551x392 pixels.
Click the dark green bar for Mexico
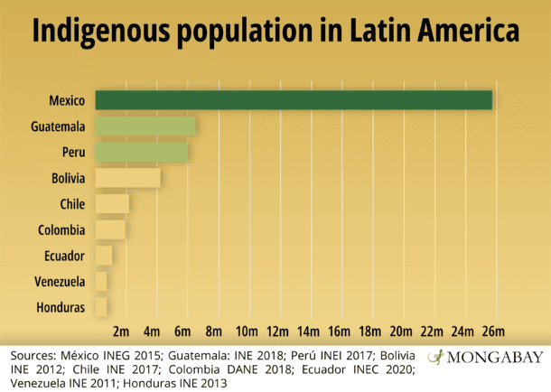(x=294, y=99)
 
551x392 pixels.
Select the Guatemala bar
(x=145, y=126)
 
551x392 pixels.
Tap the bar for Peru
(x=141, y=152)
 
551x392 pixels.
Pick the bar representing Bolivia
(x=127, y=178)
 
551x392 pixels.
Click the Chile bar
(x=112, y=204)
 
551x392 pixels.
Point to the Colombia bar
(x=110, y=229)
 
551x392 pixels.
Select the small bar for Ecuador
(x=103, y=256)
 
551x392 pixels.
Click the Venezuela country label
(x=61, y=282)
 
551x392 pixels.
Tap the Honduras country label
(x=61, y=308)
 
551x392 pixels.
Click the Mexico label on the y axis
(x=68, y=99)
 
